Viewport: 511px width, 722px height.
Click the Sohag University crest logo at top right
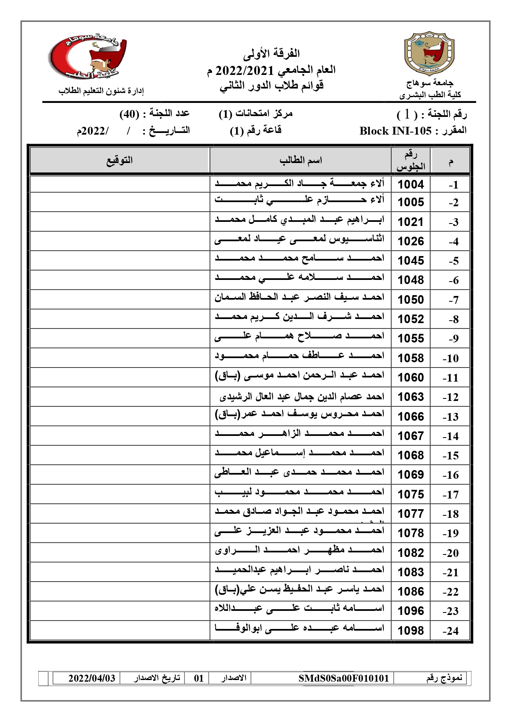429,52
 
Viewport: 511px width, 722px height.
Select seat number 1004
411,184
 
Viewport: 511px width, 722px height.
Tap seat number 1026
411,241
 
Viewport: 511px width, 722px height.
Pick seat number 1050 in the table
411,300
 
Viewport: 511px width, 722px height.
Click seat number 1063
411,397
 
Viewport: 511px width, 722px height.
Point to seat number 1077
411,514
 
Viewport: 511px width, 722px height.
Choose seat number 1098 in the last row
411,630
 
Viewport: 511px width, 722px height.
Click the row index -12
450,397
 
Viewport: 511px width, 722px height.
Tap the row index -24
450,631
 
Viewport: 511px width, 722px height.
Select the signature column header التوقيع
120,161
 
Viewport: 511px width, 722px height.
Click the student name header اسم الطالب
301,161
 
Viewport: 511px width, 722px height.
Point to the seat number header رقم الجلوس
411,161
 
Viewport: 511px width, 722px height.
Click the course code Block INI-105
395,131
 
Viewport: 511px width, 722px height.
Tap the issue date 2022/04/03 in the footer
92,678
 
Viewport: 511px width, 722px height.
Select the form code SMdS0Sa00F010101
343,678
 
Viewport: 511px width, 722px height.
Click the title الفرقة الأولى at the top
271,54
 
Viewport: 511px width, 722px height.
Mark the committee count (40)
128,114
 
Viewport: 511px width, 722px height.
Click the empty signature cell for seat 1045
120,261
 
